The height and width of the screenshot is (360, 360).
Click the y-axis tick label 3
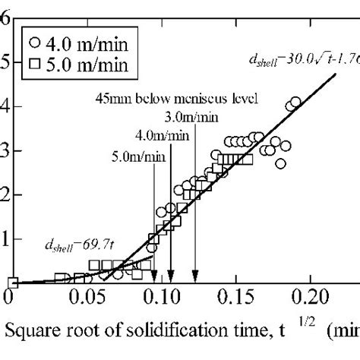(5, 150)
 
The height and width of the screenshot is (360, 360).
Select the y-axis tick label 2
(5, 194)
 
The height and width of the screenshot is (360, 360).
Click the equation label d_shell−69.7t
(73, 245)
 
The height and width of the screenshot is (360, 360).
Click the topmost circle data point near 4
(295, 102)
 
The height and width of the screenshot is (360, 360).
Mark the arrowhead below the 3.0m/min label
(196, 278)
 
